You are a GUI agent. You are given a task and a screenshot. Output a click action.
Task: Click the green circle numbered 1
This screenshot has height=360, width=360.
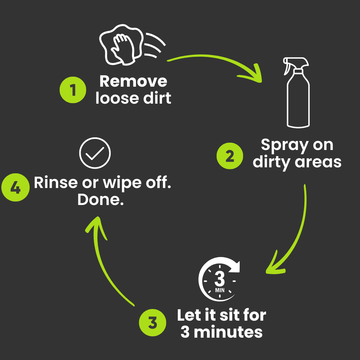coord(73,89)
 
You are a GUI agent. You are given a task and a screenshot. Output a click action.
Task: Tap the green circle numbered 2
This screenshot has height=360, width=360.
coord(230,156)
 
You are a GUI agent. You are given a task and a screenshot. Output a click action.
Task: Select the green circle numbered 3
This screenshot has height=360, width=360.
coord(152,323)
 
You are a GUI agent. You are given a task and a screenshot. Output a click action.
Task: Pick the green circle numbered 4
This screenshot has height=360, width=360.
coord(15,188)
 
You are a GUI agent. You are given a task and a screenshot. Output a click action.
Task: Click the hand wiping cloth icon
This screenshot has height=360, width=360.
coord(132,46)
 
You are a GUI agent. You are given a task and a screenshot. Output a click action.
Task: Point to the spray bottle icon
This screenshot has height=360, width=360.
coord(297,92)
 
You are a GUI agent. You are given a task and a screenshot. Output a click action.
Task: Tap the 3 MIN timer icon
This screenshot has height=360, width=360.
coord(220,279)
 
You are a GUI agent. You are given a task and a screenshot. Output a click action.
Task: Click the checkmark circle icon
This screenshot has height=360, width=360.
coord(95,153)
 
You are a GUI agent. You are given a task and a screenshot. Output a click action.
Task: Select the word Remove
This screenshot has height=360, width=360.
coord(133,82)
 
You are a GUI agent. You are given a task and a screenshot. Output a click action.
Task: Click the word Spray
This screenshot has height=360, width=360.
coord(283,146)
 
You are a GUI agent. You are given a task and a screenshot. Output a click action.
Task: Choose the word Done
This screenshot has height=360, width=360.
coord(100,199)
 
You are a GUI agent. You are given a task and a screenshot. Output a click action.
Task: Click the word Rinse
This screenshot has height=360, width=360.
coord(55,182)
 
